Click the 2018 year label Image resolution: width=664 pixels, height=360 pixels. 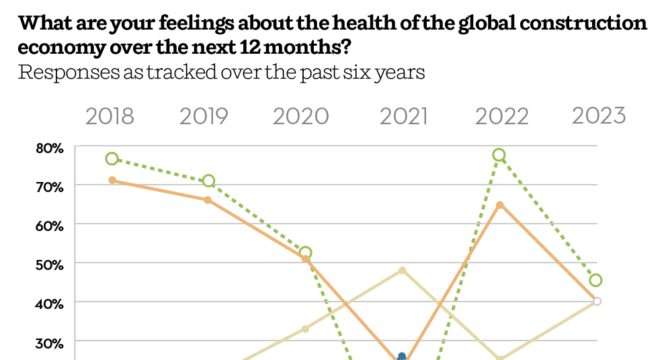tap(110, 116)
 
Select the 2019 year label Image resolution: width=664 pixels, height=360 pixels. tap(204, 116)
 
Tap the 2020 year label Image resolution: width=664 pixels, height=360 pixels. tap(300, 116)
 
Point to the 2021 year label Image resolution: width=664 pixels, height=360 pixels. tap(403, 116)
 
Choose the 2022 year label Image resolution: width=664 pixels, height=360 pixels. tap(502, 116)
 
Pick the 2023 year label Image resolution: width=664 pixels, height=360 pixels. tap(599, 116)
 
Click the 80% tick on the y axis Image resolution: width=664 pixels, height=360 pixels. tap(50, 147)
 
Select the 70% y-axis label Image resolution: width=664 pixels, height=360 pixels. tap(50, 186)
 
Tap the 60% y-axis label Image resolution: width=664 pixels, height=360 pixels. tap(50, 225)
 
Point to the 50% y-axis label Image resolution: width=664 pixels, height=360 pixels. tap(50, 264)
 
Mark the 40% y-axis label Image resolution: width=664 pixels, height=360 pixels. tap(50, 303)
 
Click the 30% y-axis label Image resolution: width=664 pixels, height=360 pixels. tap(50, 342)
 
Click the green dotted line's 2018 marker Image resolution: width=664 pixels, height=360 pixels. tap(112, 159)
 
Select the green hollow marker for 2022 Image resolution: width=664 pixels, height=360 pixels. tap(499, 155)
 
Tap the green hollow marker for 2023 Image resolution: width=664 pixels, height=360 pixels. tap(595, 280)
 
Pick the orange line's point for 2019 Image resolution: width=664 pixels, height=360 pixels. tap(208, 200)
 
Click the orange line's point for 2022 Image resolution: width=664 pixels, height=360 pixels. tap(499, 205)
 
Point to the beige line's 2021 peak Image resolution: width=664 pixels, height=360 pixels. tap(402, 271)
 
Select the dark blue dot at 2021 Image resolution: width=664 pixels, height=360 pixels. tap(402, 357)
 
